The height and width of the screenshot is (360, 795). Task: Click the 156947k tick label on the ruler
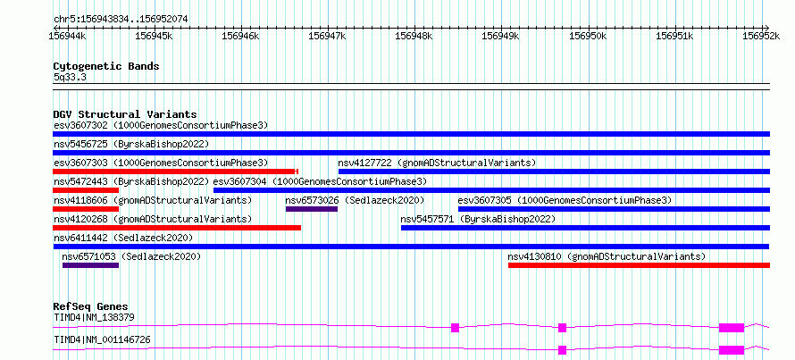tap(327, 36)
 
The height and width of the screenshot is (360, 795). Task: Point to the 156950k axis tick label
tap(588, 36)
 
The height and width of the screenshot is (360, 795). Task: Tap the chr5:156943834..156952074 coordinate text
tap(121, 20)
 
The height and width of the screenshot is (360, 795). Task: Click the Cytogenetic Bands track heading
tap(106, 66)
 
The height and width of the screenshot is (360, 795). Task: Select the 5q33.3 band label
tap(70, 77)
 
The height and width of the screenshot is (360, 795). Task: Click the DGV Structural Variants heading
tap(125, 114)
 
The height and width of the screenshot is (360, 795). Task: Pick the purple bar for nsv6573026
tap(312, 209)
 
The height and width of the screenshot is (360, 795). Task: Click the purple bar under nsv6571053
tap(90, 265)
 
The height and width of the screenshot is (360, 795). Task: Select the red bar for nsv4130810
tap(639, 265)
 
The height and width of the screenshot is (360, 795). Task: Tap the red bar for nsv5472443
tap(86, 190)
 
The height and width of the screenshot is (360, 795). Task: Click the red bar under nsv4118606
tap(86, 209)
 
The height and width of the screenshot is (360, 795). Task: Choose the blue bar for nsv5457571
tap(586, 228)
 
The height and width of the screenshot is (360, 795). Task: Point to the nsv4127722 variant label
tap(365, 163)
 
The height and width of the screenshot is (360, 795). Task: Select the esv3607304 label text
tap(240, 181)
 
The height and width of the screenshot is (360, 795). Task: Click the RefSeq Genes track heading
tap(91, 306)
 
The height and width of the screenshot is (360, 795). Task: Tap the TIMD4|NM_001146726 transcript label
tap(102, 339)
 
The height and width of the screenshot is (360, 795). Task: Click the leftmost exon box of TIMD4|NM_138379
tap(455, 328)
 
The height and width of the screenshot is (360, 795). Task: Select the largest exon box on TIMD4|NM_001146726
tap(731, 350)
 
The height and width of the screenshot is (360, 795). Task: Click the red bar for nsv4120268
tap(177, 228)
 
